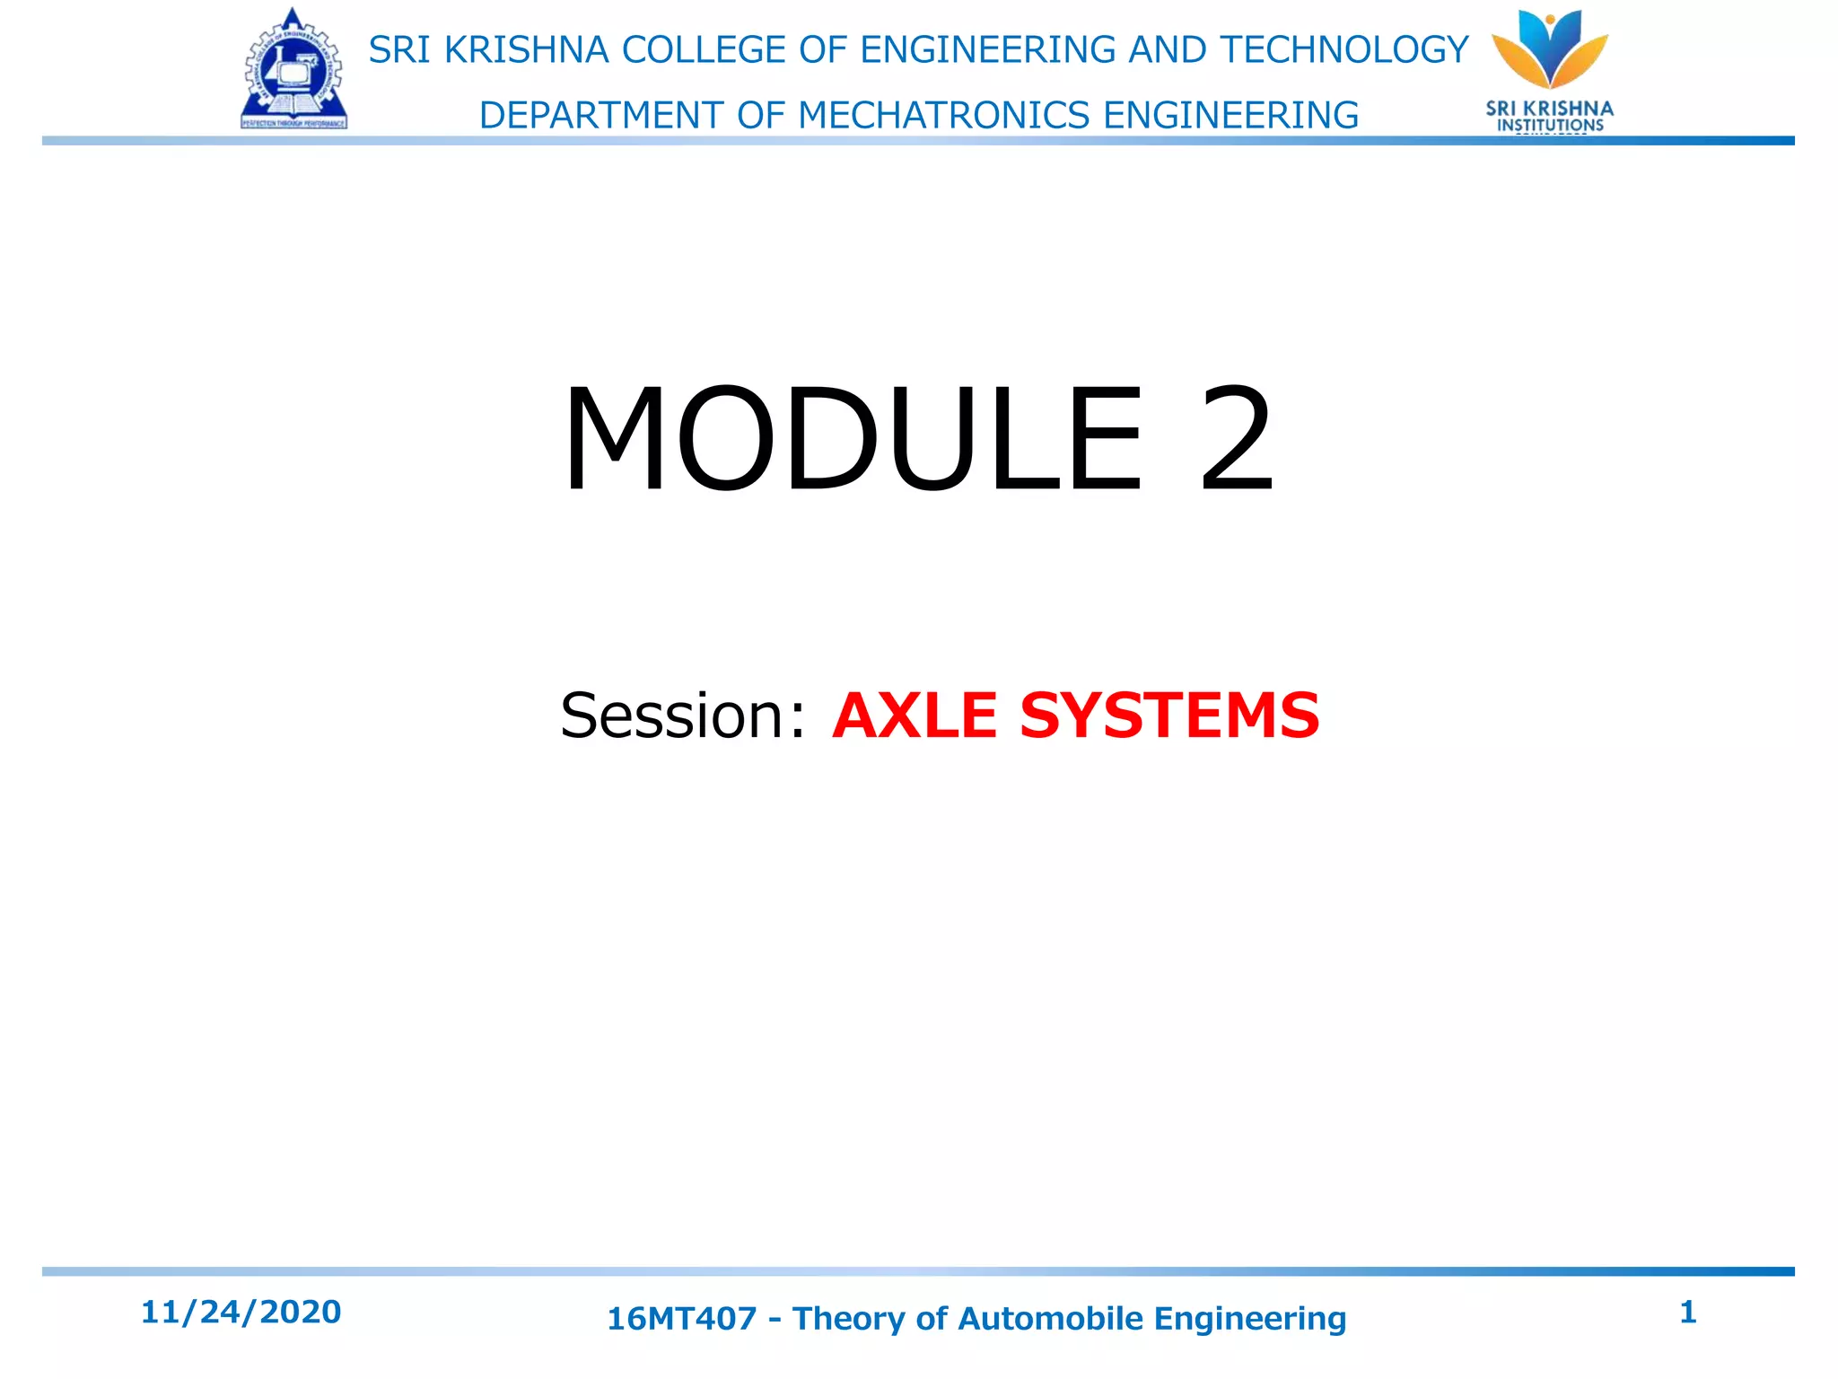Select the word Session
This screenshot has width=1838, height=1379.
(675, 716)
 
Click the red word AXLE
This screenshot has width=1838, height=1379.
(915, 716)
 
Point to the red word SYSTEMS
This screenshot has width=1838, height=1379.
(1169, 716)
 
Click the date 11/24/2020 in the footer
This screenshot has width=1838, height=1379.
(241, 1312)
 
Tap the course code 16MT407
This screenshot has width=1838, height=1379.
(682, 1319)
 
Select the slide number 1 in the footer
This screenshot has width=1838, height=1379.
(1687, 1312)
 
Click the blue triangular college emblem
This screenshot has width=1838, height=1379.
(293, 72)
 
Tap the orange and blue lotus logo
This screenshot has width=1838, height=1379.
(1550, 49)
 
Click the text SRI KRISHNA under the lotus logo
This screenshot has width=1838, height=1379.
(1550, 109)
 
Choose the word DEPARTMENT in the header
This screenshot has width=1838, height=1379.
(601, 116)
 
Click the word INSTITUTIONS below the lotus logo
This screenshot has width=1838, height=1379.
(1550, 126)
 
